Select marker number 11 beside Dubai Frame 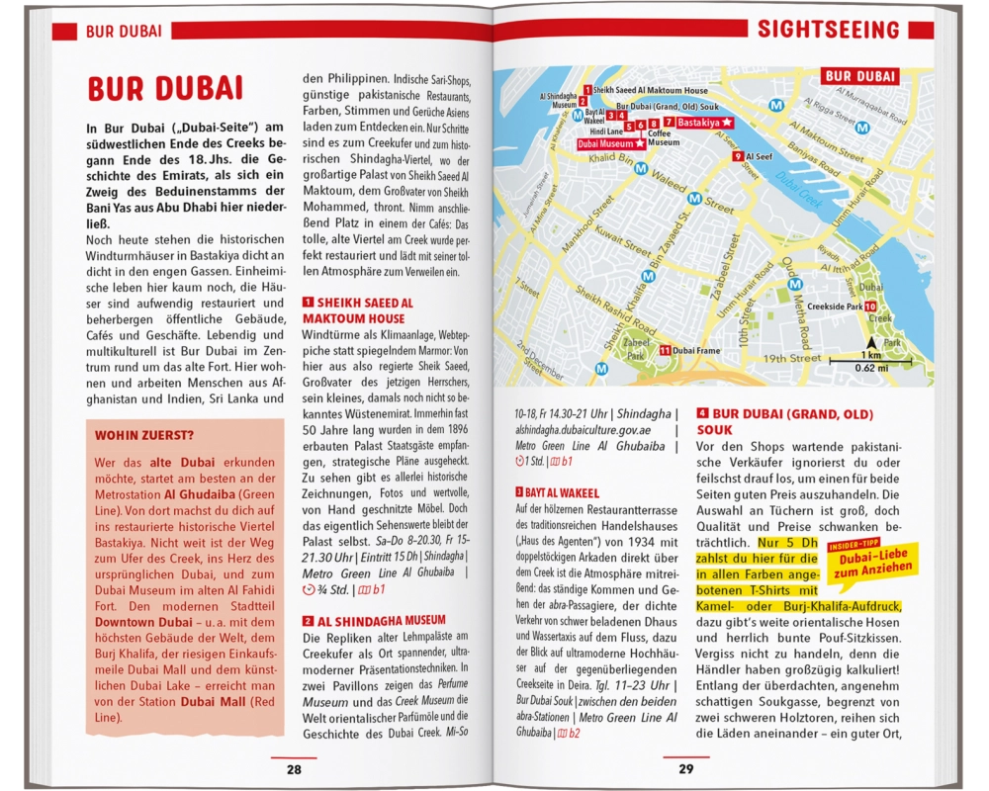point(666,350)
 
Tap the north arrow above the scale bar point(871,342)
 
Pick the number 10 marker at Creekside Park point(869,307)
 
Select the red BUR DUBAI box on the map point(859,76)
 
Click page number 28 point(294,769)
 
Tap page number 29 point(686,769)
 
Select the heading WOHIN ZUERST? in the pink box point(144,435)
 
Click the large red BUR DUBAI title point(165,88)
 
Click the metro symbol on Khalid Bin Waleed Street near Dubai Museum point(641,169)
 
